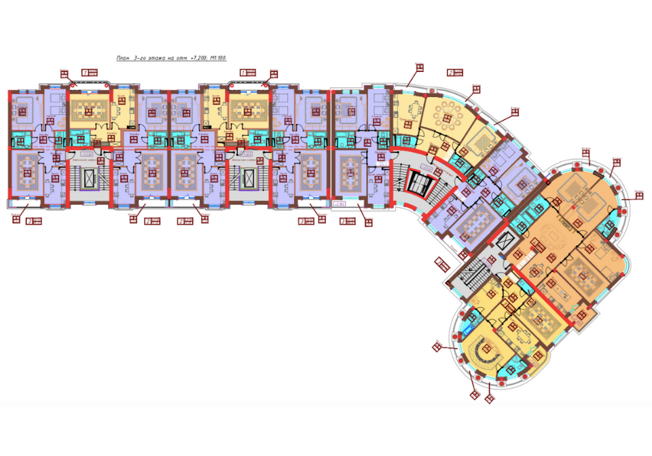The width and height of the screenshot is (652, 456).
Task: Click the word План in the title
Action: (123, 59)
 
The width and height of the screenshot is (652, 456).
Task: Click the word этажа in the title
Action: (154, 59)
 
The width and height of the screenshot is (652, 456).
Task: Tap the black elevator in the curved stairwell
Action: (414, 183)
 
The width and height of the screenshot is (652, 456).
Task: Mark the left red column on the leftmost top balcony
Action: (71, 87)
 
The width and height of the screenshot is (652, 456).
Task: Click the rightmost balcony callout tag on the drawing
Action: (639, 196)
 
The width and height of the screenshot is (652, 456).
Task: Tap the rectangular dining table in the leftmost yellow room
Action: (87, 110)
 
